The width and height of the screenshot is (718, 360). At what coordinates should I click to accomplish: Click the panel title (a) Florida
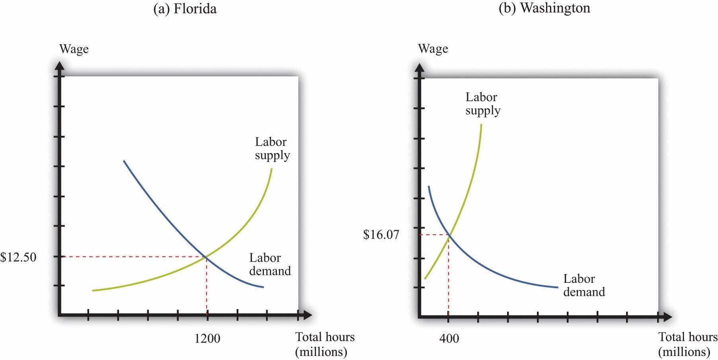(185, 8)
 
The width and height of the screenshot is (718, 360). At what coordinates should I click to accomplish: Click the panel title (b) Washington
(544, 8)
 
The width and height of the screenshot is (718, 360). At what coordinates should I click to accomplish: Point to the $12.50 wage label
(18, 257)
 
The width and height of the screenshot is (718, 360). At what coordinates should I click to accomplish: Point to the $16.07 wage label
(381, 235)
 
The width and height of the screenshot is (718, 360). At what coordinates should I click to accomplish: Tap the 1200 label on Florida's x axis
(207, 338)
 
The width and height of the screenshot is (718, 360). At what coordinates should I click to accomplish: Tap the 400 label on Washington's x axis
(449, 338)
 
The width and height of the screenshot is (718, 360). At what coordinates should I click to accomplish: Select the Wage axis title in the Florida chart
(74, 49)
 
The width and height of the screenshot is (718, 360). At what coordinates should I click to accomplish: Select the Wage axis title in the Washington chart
(433, 49)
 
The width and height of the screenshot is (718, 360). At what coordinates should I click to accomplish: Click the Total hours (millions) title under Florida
(325, 344)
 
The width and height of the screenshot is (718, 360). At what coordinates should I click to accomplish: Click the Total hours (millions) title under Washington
(688, 344)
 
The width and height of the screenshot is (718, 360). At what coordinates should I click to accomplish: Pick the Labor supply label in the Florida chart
(272, 148)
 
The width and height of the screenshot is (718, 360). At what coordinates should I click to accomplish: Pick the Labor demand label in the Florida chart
(270, 265)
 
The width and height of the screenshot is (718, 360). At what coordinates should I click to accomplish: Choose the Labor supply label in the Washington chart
(482, 103)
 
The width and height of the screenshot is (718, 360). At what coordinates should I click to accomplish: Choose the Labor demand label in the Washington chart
(584, 285)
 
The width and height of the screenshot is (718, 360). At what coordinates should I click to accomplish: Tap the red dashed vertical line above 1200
(207, 286)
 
